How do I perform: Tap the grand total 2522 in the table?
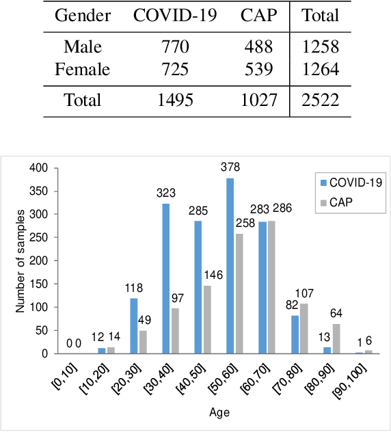(321, 100)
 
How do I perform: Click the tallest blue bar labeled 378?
(268, 266)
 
